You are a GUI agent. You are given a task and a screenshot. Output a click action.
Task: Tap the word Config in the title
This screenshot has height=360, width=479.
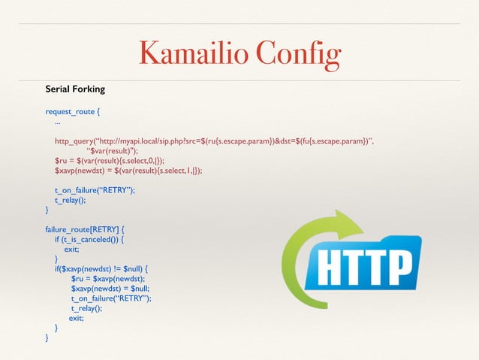click(x=298, y=53)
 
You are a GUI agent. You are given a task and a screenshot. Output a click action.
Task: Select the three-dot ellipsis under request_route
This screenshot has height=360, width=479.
click(x=58, y=121)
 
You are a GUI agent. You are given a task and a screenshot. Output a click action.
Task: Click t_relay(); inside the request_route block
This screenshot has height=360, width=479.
click(x=71, y=200)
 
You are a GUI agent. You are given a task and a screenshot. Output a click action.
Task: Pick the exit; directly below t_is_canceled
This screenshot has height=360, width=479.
click(x=71, y=249)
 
